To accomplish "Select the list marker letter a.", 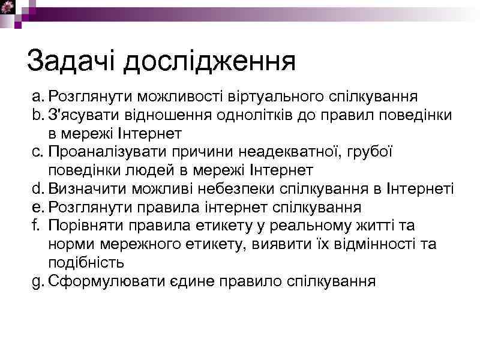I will click(x=37, y=97).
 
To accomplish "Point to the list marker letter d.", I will click(x=37, y=190).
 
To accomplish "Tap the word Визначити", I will click(x=85, y=190).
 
